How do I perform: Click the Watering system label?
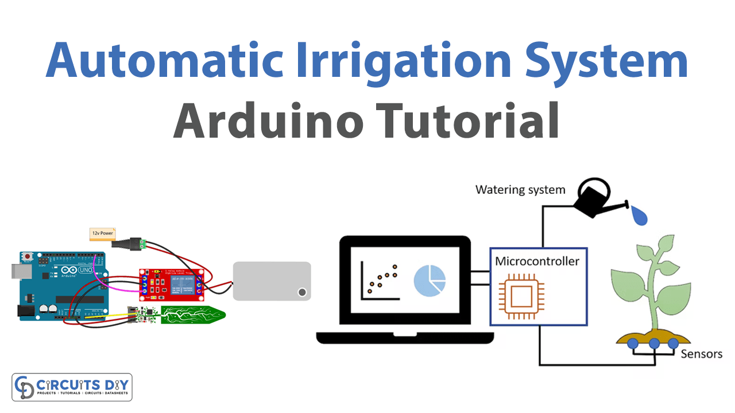tap(520, 189)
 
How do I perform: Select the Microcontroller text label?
tap(537, 262)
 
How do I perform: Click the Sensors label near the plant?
tap(701, 354)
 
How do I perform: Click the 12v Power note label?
tap(102, 233)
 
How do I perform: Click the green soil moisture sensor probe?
tap(192, 315)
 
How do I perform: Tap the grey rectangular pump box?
tap(272, 281)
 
